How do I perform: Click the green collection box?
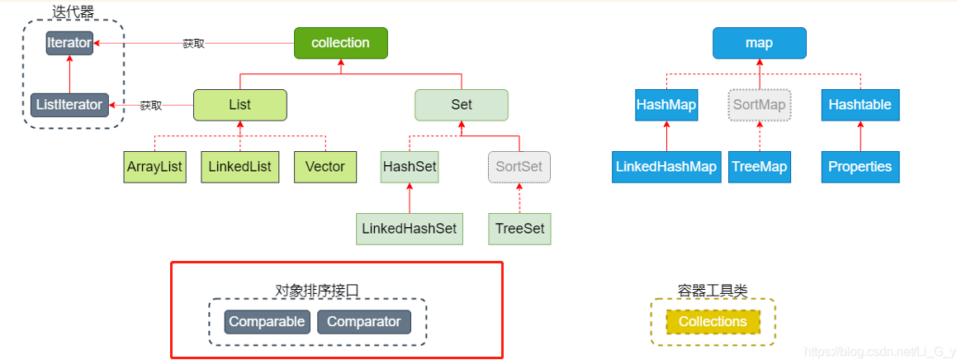[340, 43]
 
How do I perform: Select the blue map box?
[759, 43]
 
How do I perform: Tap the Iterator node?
[69, 43]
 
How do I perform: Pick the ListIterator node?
[69, 105]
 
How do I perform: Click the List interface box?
[239, 105]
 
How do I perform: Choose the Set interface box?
[461, 105]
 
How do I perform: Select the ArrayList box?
[154, 167]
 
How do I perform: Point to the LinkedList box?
[239, 167]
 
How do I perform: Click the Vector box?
[325, 167]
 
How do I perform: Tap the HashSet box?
[410, 167]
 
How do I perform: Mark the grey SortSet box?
[519, 167]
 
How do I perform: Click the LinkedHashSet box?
[410, 228]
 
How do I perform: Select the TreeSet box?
[519, 228]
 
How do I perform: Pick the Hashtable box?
[860, 105]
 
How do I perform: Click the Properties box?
[860, 167]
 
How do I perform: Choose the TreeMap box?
[759, 167]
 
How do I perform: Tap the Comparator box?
[364, 322]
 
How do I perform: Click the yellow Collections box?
[713, 322]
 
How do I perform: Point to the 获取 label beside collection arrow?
[193, 44]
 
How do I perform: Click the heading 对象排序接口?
[317, 290]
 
